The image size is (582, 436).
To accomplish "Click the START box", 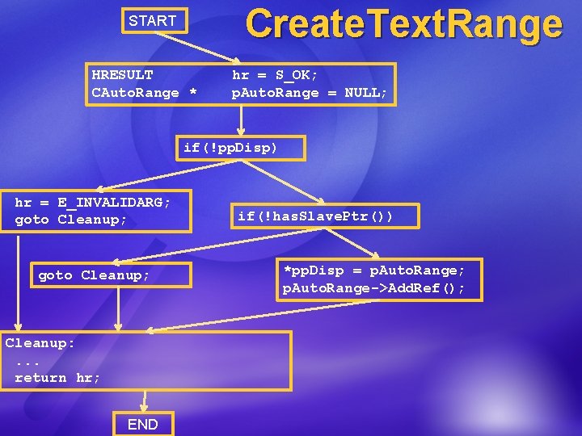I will [x=154, y=21].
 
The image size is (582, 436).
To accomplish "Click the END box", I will [x=142, y=424].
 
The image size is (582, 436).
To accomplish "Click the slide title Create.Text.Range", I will [x=403, y=23].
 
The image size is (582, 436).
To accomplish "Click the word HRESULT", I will [x=122, y=75].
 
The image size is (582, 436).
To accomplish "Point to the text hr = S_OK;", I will [x=275, y=75].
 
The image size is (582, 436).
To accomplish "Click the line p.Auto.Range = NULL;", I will [x=310, y=93].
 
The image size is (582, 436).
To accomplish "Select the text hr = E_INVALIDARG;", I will [x=93, y=202].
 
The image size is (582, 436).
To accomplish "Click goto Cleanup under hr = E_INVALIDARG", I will [x=71, y=220].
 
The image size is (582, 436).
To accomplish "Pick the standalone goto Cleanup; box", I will [x=95, y=275].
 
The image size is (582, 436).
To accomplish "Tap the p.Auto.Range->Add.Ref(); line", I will [x=373, y=288].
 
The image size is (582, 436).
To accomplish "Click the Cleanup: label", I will [x=40, y=343].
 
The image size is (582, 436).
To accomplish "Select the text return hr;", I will [x=57, y=378].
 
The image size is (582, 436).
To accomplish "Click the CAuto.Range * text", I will [x=144, y=93].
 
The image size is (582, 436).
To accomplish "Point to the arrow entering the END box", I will [x=145, y=401].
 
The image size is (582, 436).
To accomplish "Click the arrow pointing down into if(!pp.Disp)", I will [x=240, y=120].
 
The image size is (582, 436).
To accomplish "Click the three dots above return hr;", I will [x=29, y=361].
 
